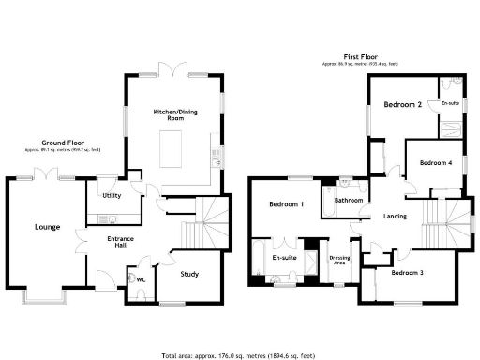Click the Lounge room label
(48, 227)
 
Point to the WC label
(141, 278)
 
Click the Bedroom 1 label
(286, 204)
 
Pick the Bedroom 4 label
(435, 163)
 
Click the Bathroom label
(349, 201)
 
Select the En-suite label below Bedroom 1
(284, 257)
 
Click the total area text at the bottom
(239, 354)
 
